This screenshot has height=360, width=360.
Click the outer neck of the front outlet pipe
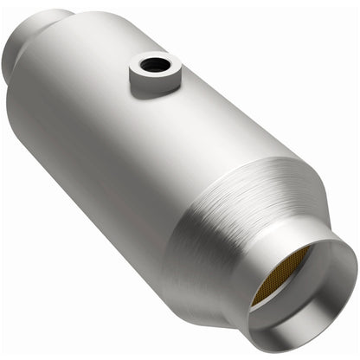tap(260, 286)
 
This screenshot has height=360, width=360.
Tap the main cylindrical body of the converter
tap(130, 147)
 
